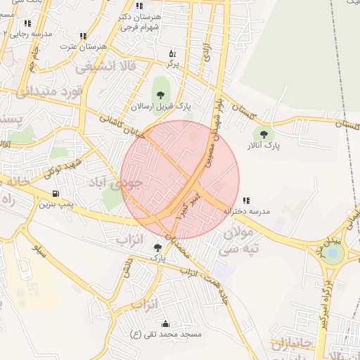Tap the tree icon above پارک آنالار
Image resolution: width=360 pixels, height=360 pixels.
[264, 133]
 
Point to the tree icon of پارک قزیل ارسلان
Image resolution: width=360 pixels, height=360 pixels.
[161, 94]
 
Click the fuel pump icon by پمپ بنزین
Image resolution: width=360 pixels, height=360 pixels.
[55, 193]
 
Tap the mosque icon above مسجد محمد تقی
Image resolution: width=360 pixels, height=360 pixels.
[166, 324]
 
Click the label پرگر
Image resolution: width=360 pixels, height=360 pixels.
[172, 64]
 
